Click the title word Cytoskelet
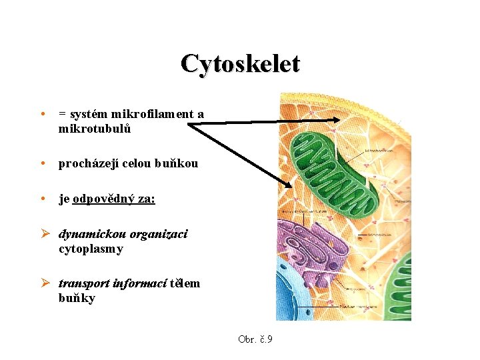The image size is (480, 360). click(240, 64)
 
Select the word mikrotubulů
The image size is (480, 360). click(94, 129)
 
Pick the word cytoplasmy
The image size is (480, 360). click(91, 249)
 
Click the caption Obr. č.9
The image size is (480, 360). click(255, 339)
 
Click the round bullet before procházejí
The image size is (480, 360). click(42, 164)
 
